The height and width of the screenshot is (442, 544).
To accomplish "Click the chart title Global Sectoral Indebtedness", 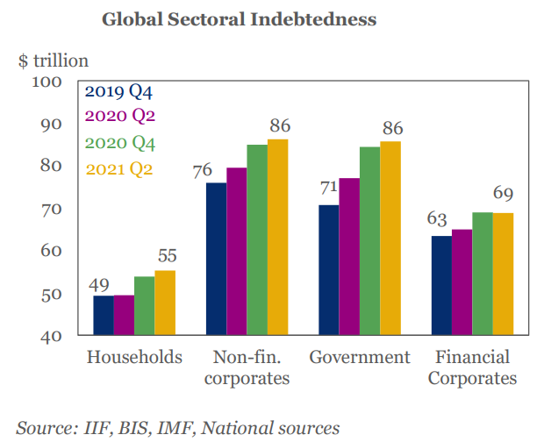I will [239, 18].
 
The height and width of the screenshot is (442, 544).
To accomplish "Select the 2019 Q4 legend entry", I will [125, 91].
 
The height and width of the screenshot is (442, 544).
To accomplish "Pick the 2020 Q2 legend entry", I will [125, 117].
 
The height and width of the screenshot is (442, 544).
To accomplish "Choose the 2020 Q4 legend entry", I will [125, 143].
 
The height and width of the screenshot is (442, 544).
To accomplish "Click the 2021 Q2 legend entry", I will [125, 169].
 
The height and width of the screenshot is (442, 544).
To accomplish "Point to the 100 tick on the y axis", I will [46, 82].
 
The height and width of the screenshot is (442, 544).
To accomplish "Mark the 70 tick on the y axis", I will [49, 210].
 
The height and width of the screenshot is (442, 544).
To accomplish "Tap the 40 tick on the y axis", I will [49, 337].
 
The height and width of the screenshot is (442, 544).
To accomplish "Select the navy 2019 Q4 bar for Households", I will [104, 315].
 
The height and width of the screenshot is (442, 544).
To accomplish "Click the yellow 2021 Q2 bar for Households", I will [165, 303].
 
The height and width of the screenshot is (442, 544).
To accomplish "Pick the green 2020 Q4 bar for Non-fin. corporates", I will [257, 239].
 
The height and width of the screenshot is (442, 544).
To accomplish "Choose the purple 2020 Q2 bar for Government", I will [349, 256].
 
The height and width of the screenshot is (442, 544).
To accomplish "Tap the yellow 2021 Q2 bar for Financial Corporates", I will [503, 274].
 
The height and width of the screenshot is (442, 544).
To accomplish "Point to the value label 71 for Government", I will [328, 189].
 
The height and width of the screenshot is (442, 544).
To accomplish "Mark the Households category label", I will [135, 358].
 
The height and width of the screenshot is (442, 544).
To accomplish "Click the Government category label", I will [360, 358].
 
